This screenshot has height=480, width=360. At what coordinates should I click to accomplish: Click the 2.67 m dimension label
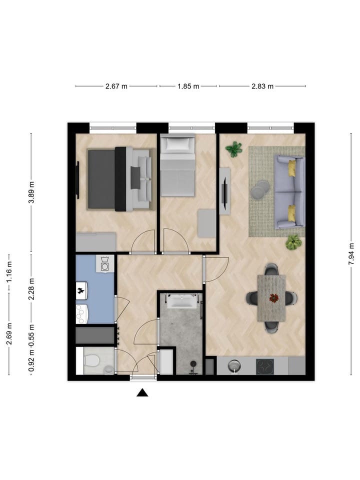(x=116, y=86)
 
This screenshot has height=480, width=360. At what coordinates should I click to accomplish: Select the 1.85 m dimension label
(x=188, y=86)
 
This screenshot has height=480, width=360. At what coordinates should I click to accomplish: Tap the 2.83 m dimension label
(x=262, y=86)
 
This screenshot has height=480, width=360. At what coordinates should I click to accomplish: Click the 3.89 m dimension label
(x=31, y=192)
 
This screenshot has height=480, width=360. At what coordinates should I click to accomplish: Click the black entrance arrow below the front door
(x=142, y=392)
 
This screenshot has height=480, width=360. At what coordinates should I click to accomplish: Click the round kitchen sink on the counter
(x=234, y=365)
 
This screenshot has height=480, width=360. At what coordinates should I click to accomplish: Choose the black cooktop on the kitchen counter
(x=265, y=366)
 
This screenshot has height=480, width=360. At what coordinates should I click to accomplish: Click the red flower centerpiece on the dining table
(x=273, y=298)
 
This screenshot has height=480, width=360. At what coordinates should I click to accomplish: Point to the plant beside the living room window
(x=234, y=149)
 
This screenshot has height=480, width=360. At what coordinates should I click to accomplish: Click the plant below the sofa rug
(x=293, y=242)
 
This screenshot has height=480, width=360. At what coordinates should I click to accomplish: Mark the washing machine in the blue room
(x=105, y=264)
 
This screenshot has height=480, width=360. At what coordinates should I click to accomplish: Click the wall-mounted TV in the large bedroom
(x=78, y=180)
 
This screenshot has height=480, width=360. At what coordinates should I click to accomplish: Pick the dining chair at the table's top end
(x=271, y=269)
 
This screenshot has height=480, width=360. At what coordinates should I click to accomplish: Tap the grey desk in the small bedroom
(x=207, y=223)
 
